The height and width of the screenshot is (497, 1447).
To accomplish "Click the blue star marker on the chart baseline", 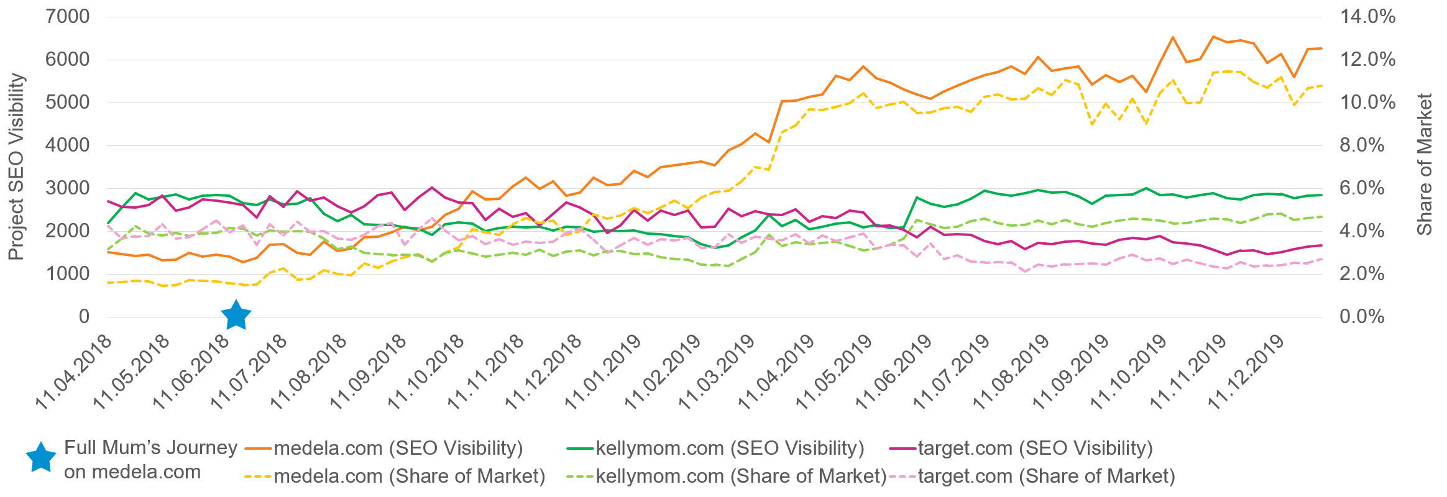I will click(236, 316).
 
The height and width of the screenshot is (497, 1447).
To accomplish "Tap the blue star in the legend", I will click(41, 458).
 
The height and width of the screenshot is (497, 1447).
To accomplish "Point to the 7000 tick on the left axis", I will click(67, 17).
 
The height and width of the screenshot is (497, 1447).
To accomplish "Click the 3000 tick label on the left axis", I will click(67, 188).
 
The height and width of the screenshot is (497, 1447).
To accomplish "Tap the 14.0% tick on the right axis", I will click(1367, 17).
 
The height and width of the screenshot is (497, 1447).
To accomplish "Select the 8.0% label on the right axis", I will click(1362, 145).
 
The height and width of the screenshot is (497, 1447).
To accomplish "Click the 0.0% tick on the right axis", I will click(1362, 317).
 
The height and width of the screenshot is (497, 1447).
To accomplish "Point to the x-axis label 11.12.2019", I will click(1246, 372).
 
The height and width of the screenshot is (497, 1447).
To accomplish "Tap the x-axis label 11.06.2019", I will click(894, 372).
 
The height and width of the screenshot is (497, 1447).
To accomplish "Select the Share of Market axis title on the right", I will click(1424, 165).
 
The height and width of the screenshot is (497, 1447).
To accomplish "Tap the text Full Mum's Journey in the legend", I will click(151, 447).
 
